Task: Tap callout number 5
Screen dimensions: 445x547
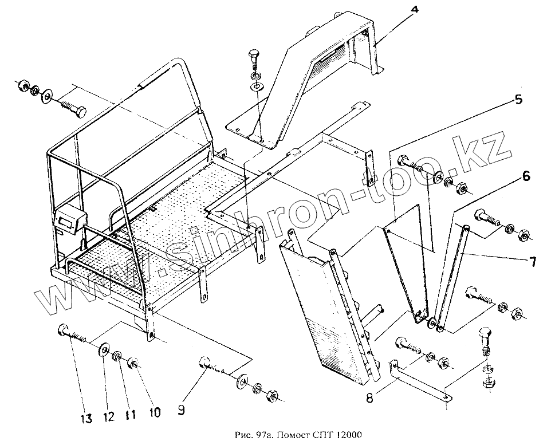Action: (x=518, y=100)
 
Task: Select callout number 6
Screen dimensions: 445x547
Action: (x=525, y=178)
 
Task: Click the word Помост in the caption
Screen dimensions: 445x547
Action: (x=286, y=435)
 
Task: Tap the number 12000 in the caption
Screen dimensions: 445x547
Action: (x=346, y=435)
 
